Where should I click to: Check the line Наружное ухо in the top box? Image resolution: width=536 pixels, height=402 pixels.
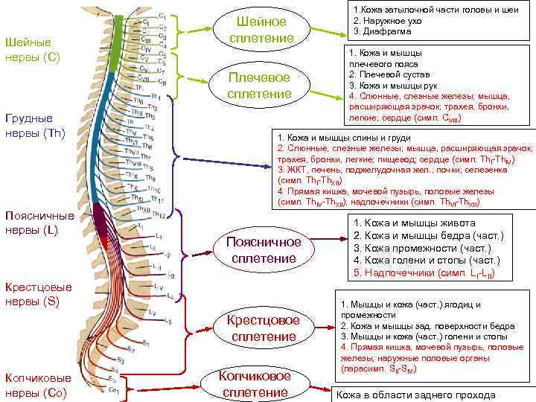tap(388, 20)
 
